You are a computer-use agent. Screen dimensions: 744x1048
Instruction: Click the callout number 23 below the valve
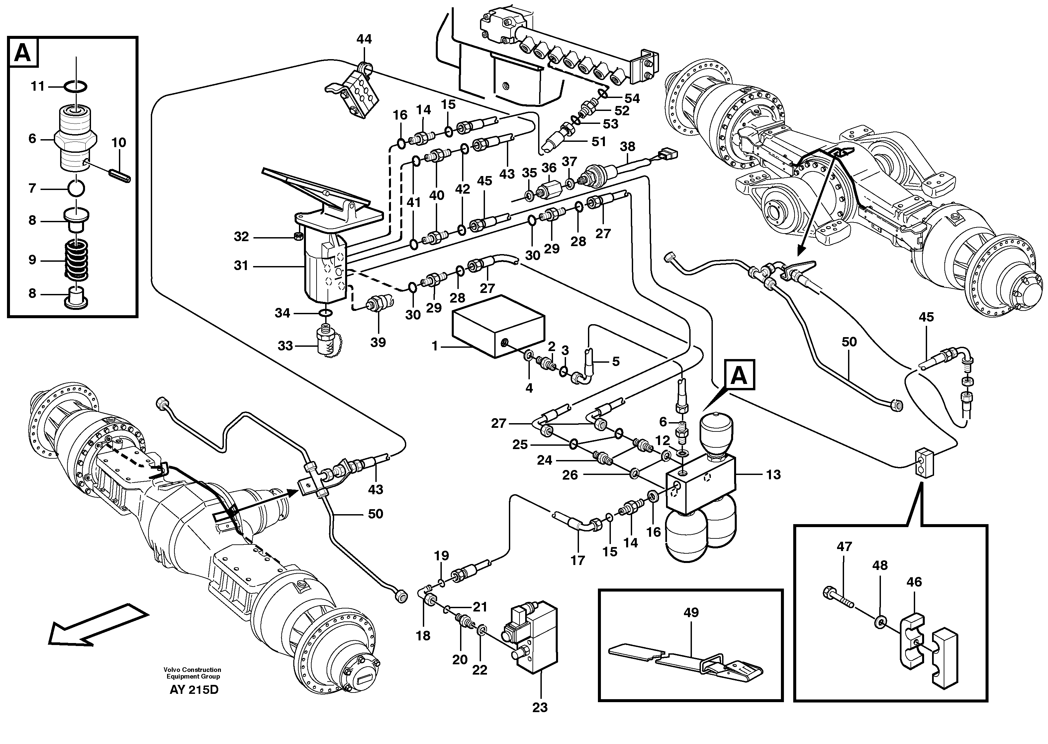pos(540,708)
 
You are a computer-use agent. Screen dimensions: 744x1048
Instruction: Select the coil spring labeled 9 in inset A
pos(76,260)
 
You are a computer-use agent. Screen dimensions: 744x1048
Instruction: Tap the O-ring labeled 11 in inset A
pos(76,86)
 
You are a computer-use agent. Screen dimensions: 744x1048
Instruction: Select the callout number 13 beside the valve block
pos(773,475)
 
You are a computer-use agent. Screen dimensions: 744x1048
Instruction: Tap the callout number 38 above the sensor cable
pos(627,146)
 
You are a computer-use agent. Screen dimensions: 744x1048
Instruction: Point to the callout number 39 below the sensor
pos(378,342)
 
